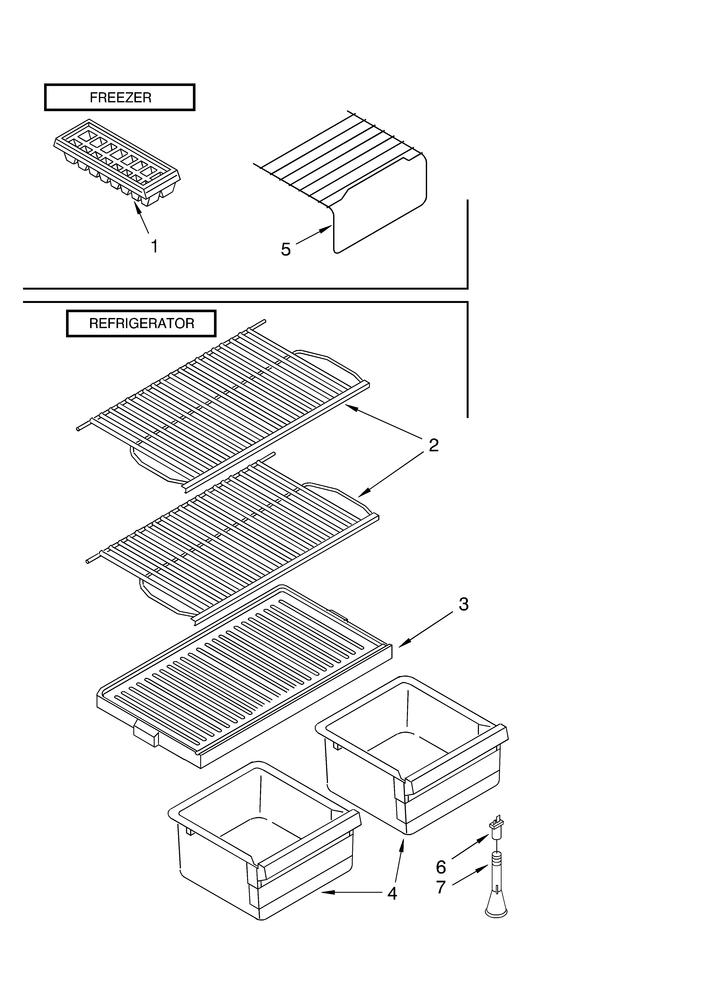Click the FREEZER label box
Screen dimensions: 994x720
[120, 97]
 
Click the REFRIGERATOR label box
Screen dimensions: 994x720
[141, 323]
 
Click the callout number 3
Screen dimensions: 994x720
[463, 604]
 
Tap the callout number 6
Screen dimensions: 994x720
[441, 867]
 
